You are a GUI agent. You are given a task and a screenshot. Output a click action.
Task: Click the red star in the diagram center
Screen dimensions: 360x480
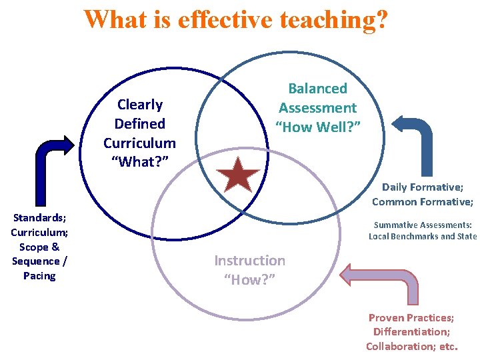[238, 177]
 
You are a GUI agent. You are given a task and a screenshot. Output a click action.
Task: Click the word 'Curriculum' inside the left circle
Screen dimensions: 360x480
[139, 143]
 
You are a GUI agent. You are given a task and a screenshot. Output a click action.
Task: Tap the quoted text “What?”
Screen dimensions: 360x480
[139, 162]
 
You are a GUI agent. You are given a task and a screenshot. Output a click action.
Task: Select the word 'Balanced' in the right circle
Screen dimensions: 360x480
[317, 89]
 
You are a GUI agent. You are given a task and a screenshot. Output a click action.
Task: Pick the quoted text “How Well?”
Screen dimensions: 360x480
[317, 127]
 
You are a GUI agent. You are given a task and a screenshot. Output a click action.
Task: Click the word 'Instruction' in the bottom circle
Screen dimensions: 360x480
[249, 261]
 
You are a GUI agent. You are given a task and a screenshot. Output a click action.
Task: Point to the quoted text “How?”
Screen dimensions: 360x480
[249, 279]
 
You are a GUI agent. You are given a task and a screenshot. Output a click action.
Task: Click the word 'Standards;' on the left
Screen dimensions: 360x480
[39, 217]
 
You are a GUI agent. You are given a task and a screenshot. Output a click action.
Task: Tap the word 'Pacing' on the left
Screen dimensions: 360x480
[39, 275]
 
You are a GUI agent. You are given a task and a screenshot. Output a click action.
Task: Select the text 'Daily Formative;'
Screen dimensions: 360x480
[422, 187]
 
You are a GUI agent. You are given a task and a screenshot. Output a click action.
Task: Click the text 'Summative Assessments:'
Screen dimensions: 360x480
[423, 225]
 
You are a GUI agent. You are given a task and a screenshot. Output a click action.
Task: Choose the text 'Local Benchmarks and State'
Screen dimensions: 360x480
[423, 237]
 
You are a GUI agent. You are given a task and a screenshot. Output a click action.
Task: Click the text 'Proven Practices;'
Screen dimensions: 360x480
[411, 317]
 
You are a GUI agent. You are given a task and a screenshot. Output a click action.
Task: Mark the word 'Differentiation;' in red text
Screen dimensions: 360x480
[411, 331]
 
